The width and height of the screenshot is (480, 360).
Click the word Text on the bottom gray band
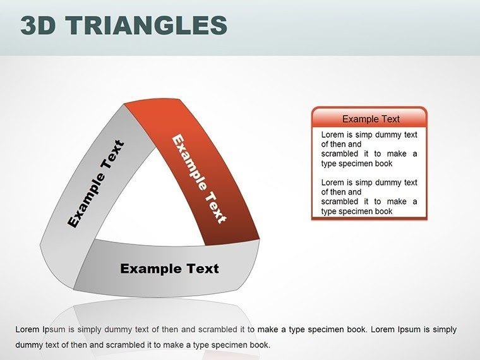click(x=201, y=268)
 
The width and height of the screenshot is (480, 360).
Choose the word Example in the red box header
click(x=357, y=119)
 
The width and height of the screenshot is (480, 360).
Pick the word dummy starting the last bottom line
click(x=28, y=345)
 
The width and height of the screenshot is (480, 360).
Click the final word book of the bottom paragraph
click(x=260, y=345)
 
